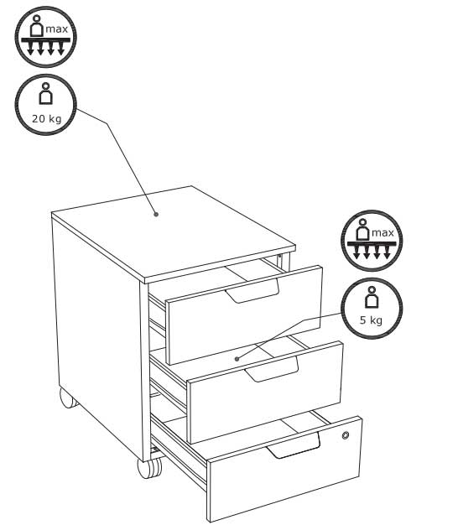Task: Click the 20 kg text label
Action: pos(46,118)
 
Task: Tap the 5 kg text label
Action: pos(371,320)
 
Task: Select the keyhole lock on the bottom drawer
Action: pos(346,435)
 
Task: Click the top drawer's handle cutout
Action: pos(252,291)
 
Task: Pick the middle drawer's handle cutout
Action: pos(272,369)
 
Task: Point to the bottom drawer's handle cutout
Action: pos(294,446)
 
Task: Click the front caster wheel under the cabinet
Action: pos(149,467)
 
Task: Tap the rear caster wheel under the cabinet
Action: pos(68,398)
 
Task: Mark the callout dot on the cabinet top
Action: pos(156,215)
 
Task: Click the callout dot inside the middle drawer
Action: pos(237,359)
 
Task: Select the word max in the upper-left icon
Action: pos(56,29)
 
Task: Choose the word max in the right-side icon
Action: pos(383,232)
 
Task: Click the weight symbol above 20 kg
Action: pos(45,93)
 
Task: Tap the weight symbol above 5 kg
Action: pos(371,297)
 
